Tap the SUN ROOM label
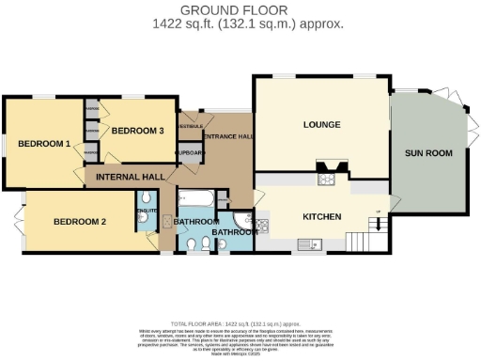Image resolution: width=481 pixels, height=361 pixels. click(428, 152)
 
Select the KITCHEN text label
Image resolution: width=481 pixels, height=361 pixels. click(320, 216)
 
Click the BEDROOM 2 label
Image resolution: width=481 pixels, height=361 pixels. click(79, 222)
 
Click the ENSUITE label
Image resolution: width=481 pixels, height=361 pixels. click(146, 212)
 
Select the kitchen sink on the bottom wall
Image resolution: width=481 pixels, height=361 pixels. click(314, 245)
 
